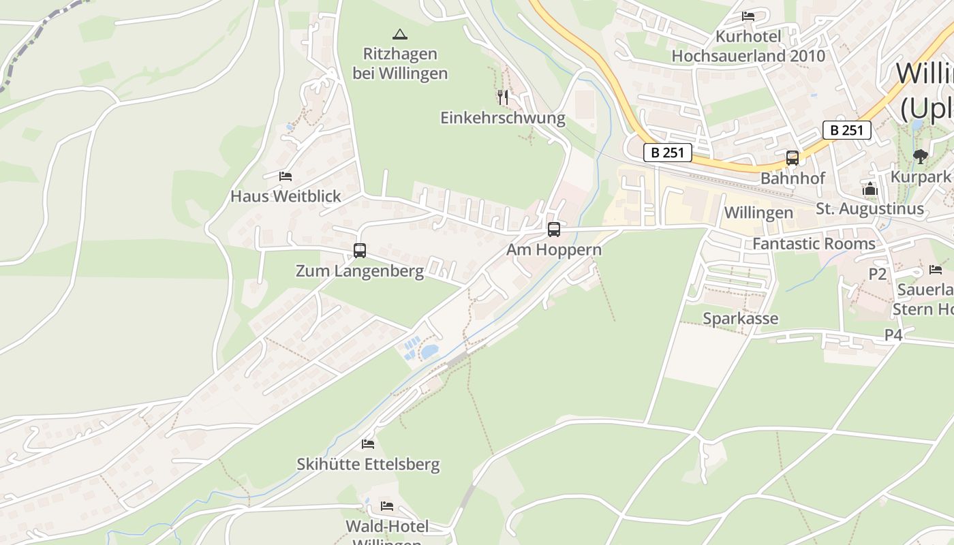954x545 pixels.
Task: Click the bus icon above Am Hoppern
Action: [x=554, y=230]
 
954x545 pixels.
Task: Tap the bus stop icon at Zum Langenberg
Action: [x=360, y=251]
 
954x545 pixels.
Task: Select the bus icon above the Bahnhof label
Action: [x=793, y=158]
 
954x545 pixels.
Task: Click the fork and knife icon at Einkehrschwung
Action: [x=503, y=97]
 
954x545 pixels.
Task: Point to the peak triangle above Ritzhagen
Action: [x=399, y=33]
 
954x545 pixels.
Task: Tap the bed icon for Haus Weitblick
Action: [x=286, y=176]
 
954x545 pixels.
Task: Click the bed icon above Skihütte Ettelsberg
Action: [x=368, y=444]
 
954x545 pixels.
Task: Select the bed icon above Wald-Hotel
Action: [x=387, y=506]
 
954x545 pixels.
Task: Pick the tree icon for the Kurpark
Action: [x=921, y=157]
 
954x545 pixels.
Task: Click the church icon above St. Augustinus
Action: [x=870, y=189]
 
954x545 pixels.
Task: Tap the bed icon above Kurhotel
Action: [x=748, y=16]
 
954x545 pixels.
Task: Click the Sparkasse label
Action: [x=740, y=318]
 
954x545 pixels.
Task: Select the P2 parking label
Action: [x=878, y=274]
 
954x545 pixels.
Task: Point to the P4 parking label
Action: [x=893, y=334]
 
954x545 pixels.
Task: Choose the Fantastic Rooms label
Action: [x=814, y=243]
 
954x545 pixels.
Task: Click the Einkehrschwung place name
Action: [x=503, y=118]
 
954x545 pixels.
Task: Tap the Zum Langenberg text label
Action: [x=360, y=271]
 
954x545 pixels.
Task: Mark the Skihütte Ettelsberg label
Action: [x=368, y=465]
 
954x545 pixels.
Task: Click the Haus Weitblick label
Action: [x=286, y=196]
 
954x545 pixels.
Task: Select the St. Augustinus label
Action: [x=870, y=208]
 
